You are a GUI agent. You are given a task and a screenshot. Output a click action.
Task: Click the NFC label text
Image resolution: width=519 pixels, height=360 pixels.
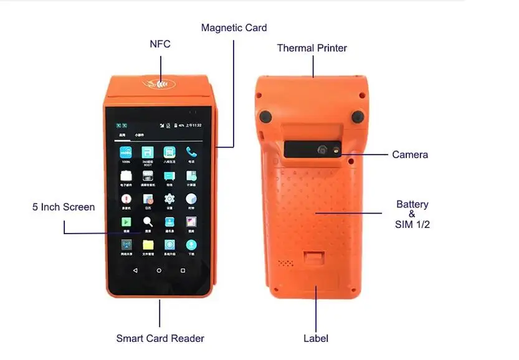[x=160, y=44]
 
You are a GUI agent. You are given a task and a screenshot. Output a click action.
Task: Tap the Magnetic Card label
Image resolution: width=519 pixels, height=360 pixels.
[x=234, y=27]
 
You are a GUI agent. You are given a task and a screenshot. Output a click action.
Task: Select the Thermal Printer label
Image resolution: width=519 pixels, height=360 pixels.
[x=312, y=48]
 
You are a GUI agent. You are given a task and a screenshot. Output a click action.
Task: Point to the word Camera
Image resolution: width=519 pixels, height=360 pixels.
[x=410, y=154]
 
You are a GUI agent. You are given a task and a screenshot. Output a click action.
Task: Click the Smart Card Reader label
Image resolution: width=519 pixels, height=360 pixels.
[x=160, y=339]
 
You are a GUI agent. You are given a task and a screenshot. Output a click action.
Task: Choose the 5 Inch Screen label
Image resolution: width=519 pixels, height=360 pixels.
[x=64, y=207]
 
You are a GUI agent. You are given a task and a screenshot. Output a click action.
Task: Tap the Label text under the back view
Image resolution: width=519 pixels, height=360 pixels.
[x=316, y=339]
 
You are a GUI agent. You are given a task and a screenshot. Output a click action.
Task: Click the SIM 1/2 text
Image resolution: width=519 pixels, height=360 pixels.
[x=412, y=224]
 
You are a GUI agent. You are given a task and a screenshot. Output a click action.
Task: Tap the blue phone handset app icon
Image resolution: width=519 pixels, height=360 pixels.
[x=191, y=153]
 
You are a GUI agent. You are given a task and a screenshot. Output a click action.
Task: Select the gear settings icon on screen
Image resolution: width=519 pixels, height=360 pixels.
[x=169, y=199]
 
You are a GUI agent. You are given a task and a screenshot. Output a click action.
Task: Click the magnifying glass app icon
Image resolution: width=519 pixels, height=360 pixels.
[x=148, y=222]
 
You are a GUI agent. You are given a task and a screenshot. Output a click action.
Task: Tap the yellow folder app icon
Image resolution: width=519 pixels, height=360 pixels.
[x=148, y=245]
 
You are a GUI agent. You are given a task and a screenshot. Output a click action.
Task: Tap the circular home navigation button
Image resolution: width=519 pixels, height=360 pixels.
[x=159, y=270]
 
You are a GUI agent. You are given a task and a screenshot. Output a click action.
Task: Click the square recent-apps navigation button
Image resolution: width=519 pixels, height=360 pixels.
[x=183, y=270]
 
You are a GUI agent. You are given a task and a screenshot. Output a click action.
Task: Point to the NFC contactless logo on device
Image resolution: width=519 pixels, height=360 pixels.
[x=160, y=82]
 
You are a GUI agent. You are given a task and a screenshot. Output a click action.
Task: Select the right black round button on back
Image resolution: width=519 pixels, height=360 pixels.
[x=357, y=116]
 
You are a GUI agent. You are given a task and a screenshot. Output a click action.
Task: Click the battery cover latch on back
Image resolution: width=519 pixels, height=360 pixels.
[x=315, y=257]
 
